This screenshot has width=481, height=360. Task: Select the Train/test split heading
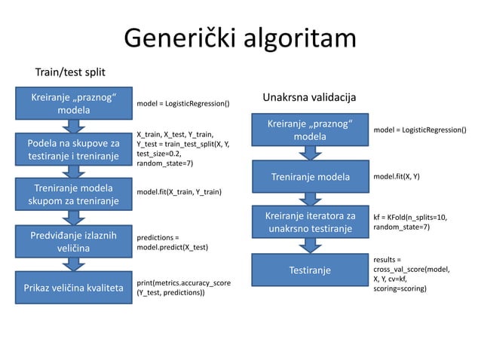tap(70, 72)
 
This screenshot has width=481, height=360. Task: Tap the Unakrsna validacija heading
tap(309, 99)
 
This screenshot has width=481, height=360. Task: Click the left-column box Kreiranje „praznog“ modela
tap(72, 104)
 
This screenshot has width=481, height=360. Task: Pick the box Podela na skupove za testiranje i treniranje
tap(73, 149)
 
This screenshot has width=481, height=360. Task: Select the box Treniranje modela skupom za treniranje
tap(73, 194)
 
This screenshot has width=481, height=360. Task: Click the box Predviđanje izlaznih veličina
tap(73, 242)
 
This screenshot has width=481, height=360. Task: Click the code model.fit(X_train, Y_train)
tap(179, 192)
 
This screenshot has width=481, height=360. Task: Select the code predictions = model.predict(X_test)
tap(173, 242)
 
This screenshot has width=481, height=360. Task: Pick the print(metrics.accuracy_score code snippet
tap(183, 288)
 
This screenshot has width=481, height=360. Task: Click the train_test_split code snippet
tap(183, 149)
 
